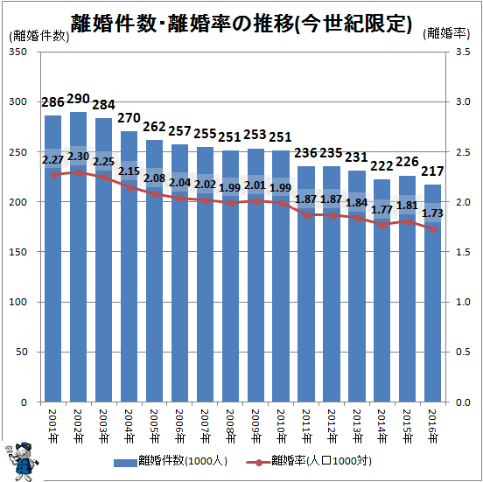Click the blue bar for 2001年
53,259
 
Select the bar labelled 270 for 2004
129,267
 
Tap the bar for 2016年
432,293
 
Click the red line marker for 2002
79,173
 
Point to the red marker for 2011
307,216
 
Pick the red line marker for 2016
434,229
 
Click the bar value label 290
78,99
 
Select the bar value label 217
432,171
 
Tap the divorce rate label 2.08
154,178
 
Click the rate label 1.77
382,210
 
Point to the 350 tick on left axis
17,52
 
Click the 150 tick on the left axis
17,252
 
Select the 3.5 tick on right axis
463,52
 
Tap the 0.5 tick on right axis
463,352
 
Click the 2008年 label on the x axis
230,426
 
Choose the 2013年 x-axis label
357,426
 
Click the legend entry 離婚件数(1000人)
171,461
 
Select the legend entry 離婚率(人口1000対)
309,461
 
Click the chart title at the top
241,24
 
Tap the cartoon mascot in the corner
22,461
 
